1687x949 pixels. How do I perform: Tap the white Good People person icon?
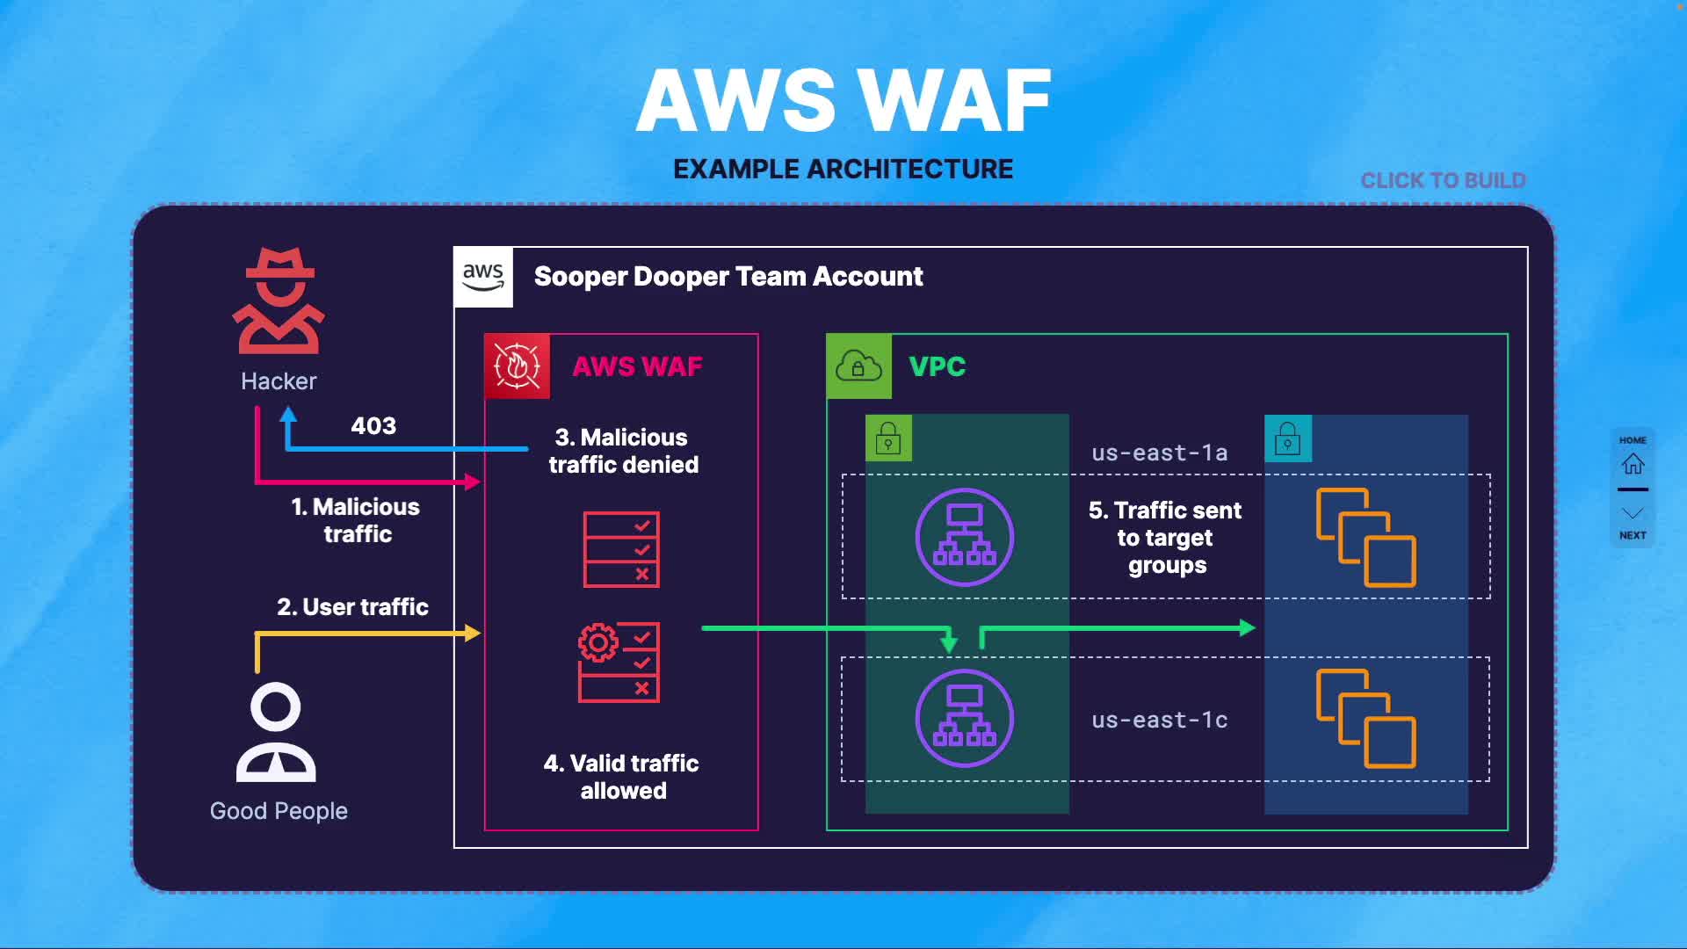tap(276, 732)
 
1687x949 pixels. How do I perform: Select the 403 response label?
tap(373, 426)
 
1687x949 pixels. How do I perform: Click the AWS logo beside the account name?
tap(483, 277)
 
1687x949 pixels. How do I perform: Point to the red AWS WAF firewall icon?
tap(518, 366)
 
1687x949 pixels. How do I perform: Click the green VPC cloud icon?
tap(858, 366)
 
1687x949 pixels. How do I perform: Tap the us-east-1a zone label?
tap(1159, 453)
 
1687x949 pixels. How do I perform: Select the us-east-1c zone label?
tap(1159, 721)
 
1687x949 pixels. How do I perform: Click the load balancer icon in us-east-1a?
tap(964, 537)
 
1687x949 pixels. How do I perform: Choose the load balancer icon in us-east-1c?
tap(964, 718)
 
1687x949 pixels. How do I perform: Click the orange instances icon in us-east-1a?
tap(1365, 537)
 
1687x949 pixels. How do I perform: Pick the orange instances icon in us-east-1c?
tap(1365, 718)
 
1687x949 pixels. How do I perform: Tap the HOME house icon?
tap(1633, 463)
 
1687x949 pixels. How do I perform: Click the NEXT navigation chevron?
tap(1633, 514)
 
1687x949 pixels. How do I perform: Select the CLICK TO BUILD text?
tap(1443, 181)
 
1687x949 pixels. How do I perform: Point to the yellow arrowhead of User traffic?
tap(473, 633)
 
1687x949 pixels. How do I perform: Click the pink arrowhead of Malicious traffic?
tap(473, 482)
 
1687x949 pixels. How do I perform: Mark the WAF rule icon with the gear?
tap(619, 663)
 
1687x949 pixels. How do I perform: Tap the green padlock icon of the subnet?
tap(888, 438)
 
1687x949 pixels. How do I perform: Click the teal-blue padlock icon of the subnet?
tap(1287, 438)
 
